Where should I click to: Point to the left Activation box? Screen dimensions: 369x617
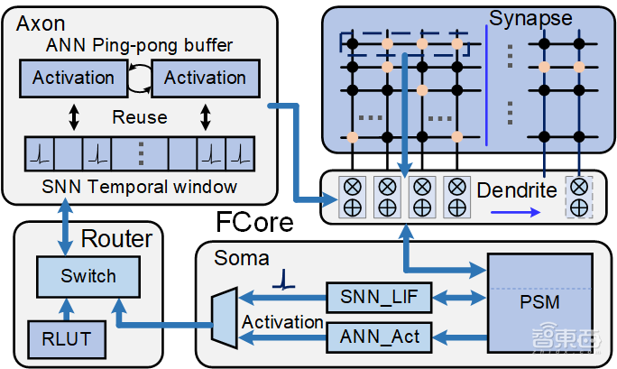coord(73,78)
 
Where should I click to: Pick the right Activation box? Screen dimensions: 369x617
coord(205,78)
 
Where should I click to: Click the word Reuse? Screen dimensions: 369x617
coord(139,117)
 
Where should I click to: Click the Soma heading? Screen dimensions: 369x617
coord(241,259)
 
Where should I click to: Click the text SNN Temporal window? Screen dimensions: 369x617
coord(135,187)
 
